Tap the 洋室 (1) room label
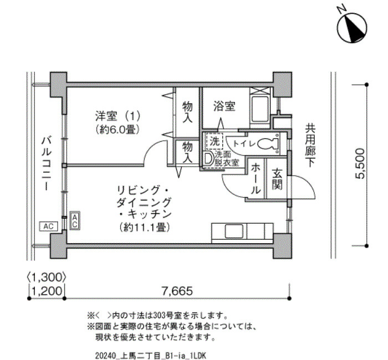[x=118, y=116]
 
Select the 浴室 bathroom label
[x=224, y=106]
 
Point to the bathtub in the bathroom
[x=259, y=109]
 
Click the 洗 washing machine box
[x=215, y=142]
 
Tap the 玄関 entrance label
[x=277, y=179]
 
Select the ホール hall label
[x=256, y=179]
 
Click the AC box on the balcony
[x=49, y=226]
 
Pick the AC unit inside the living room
[x=75, y=220]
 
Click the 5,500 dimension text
[x=360, y=163]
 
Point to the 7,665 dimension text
[x=177, y=291]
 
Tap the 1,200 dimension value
[x=47, y=291]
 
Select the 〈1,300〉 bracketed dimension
[x=47, y=277]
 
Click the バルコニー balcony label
[x=46, y=163]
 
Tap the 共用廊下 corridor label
[x=310, y=145]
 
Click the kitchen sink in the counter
[x=233, y=231]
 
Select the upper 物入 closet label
[x=187, y=112]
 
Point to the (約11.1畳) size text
[x=145, y=227]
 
